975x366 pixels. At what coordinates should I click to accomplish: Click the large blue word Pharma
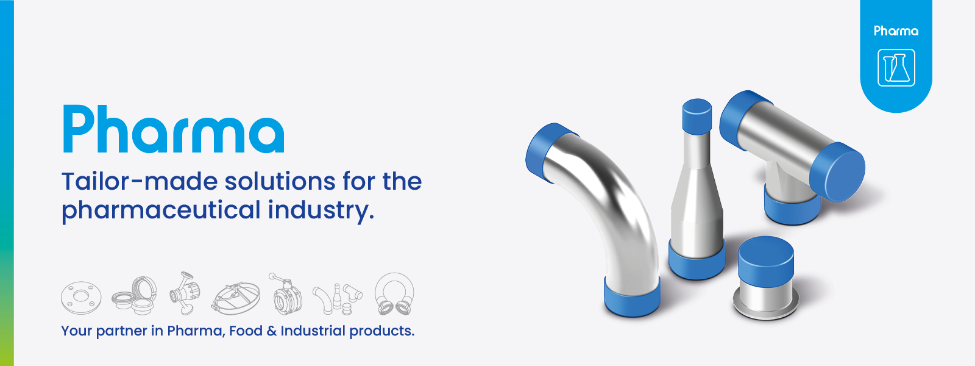173,129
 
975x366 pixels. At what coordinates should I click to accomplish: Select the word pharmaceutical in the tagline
161,210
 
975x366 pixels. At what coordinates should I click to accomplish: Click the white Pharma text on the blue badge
896,31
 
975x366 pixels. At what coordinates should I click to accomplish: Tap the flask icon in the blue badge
896,67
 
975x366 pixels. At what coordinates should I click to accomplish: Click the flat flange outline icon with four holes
80,298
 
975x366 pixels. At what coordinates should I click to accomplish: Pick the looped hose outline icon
394,293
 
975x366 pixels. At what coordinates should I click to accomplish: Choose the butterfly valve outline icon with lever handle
284,294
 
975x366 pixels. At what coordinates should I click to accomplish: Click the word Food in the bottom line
246,331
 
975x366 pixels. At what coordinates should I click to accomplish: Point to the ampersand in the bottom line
271,331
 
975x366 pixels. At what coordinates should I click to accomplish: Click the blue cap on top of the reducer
697,115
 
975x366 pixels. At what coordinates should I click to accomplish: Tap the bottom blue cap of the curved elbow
632,297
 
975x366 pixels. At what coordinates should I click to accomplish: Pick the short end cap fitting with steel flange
766,278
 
